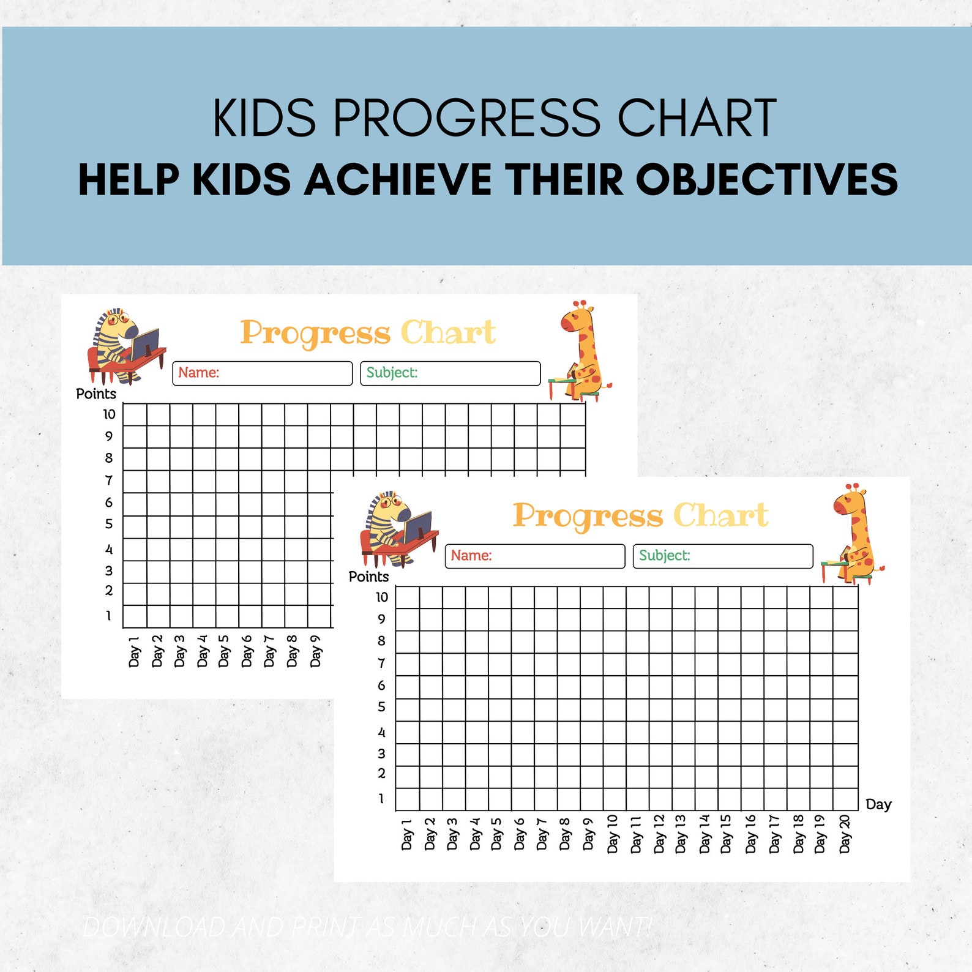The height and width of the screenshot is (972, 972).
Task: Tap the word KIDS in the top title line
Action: (264, 118)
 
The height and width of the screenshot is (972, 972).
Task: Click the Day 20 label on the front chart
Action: (845, 834)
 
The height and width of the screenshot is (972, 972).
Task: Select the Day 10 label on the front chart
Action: (613, 834)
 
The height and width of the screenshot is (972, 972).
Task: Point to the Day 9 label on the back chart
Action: (315, 651)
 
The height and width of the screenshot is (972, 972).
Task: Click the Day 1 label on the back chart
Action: (134, 651)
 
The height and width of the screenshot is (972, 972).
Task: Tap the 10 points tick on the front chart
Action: (382, 597)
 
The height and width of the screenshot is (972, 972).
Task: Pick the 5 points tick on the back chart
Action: (109, 524)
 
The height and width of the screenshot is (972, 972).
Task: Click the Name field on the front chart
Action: (534, 556)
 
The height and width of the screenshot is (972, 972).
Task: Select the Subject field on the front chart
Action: (722, 556)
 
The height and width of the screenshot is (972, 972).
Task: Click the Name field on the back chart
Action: (262, 373)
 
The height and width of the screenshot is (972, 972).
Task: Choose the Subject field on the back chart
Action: (450, 373)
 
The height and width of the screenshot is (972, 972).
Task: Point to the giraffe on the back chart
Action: (580, 351)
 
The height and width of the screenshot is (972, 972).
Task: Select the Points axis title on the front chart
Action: (368, 577)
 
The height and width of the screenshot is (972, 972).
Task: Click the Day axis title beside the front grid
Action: (878, 804)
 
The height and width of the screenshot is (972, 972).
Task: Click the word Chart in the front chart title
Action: (720, 515)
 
